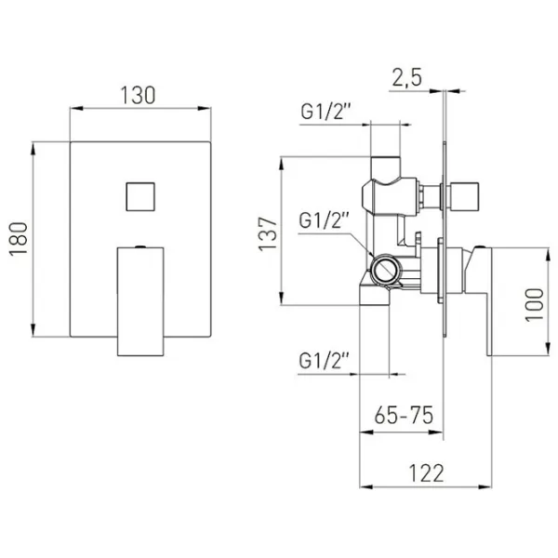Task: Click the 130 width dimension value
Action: (x=138, y=96)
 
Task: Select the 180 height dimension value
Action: (x=19, y=239)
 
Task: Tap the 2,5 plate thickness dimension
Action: (x=406, y=77)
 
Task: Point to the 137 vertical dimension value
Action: (x=268, y=233)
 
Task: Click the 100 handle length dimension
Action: (x=535, y=305)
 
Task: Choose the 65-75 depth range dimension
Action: (x=404, y=415)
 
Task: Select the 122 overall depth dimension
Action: (x=426, y=473)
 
